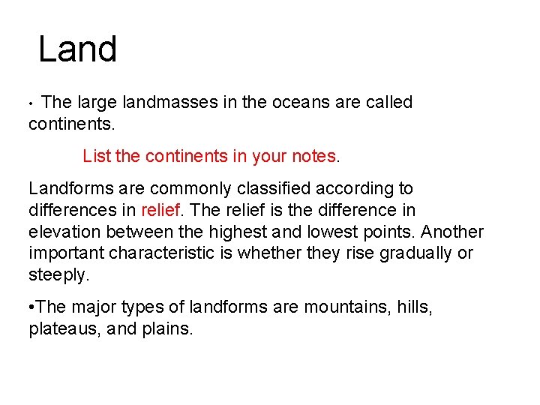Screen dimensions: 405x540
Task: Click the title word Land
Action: click(x=77, y=49)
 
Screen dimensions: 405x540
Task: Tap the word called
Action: click(x=389, y=102)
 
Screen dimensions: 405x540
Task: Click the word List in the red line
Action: click(x=97, y=156)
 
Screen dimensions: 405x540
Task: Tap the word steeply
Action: click(x=58, y=275)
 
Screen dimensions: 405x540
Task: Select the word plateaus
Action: click(x=61, y=328)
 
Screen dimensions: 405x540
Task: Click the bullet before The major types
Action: click(x=31, y=307)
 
